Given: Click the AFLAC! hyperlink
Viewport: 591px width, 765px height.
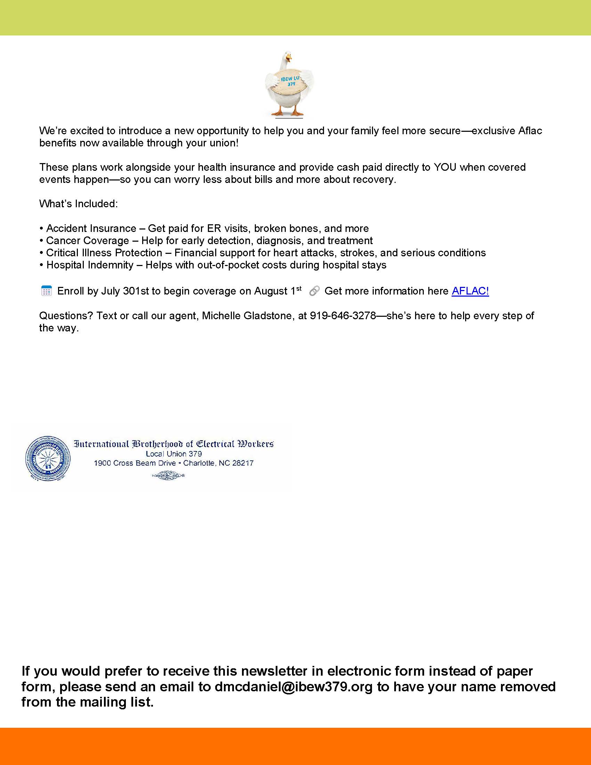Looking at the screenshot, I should click(x=470, y=291).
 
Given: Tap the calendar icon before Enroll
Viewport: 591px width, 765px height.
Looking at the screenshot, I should click(x=47, y=291).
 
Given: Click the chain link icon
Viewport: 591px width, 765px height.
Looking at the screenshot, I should click(x=314, y=291).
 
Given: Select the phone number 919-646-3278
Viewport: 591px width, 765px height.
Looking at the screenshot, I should click(x=343, y=316).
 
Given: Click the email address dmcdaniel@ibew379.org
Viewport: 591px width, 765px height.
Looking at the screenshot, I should click(x=293, y=686).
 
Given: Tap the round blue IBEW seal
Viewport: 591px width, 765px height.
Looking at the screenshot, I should click(x=48, y=458).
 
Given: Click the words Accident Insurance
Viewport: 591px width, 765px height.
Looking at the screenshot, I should click(x=91, y=228).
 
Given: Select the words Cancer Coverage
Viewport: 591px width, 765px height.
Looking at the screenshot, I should click(x=88, y=241).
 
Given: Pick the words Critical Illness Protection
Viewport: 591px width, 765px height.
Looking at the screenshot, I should click(x=104, y=253).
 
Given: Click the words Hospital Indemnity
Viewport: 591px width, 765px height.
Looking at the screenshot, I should click(x=90, y=265).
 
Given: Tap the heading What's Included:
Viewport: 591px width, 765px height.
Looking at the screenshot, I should click(x=79, y=204).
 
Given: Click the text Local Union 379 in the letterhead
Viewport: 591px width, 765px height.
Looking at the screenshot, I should click(x=174, y=454).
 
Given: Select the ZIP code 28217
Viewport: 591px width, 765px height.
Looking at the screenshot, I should click(x=243, y=463).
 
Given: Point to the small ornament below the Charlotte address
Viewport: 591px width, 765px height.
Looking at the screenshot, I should click(x=168, y=475).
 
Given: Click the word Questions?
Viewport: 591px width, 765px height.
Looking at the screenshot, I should click(x=66, y=316).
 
